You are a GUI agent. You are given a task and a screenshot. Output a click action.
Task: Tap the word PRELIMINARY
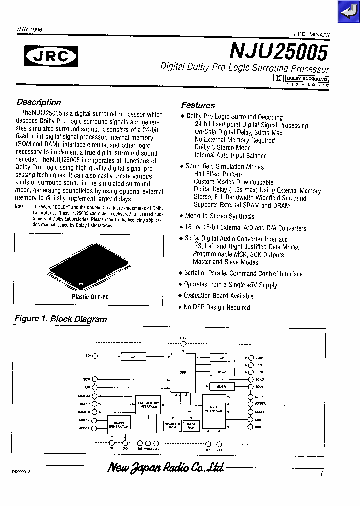(x=312, y=35)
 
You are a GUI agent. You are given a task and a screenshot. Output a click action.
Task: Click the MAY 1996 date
(x=30, y=30)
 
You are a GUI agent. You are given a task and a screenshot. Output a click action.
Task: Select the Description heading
(x=39, y=102)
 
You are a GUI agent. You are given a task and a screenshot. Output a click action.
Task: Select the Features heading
(x=198, y=105)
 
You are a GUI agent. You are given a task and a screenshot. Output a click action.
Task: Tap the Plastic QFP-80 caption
(x=90, y=296)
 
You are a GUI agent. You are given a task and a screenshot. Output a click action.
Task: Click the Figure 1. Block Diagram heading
(x=61, y=319)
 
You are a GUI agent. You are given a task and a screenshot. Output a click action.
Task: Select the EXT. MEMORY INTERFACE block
(x=148, y=404)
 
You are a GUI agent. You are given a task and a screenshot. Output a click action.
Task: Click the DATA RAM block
(x=191, y=425)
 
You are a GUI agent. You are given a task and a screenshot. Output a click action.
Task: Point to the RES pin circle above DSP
(x=183, y=344)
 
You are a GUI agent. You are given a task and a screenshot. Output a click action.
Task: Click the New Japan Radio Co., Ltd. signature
(x=166, y=468)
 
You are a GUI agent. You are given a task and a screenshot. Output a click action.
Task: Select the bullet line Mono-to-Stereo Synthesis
(x=220, y=216)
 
